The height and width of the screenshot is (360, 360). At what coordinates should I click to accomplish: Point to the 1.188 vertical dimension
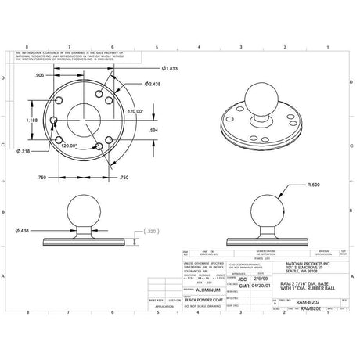pos(31,120)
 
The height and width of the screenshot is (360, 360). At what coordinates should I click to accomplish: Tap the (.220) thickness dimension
pos(151,232)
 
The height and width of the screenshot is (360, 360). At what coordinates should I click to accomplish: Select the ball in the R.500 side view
pos(265,211)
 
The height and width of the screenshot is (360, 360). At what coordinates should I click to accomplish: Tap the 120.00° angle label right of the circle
pos(135,112)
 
